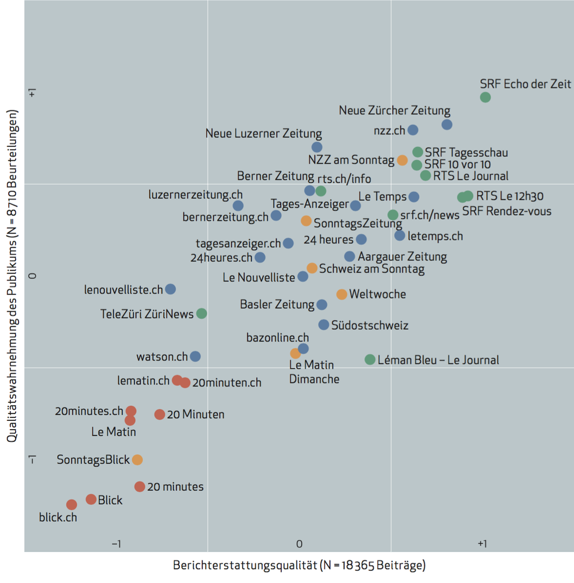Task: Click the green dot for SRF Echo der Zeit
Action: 485,97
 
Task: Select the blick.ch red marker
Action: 72,504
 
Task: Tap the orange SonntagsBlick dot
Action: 137,459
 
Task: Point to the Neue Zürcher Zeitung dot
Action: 447,124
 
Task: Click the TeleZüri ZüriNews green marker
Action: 201,314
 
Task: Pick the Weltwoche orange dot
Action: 342,294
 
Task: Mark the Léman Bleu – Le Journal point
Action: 370,359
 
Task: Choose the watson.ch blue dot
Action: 196,356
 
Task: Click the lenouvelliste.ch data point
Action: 170,289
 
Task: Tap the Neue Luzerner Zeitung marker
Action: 317,147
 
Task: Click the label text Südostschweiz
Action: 370,325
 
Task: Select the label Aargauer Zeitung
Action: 402,257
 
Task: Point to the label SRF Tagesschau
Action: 466,153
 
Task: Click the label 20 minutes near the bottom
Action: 175,486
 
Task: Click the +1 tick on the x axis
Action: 481,543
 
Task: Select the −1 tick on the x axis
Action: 116,543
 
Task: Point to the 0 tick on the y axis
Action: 33,275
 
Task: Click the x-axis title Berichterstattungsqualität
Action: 299,565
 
